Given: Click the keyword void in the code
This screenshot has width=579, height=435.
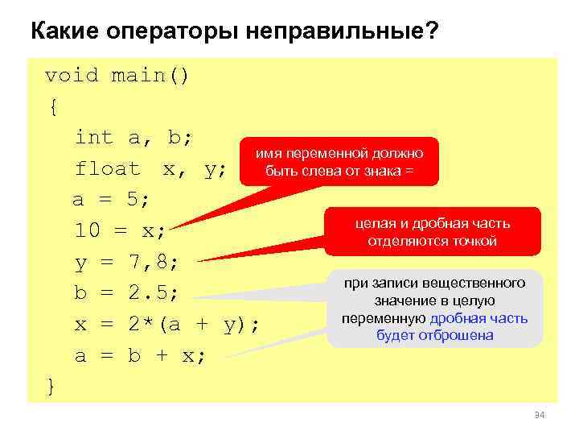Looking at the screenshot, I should [71, 76].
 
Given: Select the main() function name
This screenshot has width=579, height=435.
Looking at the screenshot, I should [150, 76].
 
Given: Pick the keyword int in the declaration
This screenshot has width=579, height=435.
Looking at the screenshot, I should [94, 138].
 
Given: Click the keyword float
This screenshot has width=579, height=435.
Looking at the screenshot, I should [107, 169].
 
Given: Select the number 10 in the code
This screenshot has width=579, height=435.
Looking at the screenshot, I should [88, 231].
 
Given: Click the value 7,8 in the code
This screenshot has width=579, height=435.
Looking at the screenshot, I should [154, 262].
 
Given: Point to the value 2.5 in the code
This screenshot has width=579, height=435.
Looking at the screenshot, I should [154, 292].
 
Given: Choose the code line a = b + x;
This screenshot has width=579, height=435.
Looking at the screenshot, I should [140, 355].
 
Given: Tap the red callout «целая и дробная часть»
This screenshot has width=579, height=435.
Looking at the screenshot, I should [432, 233].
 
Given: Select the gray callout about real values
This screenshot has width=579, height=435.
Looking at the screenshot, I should [434, 309].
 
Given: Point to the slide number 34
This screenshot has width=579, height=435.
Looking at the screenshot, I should [539, 415].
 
